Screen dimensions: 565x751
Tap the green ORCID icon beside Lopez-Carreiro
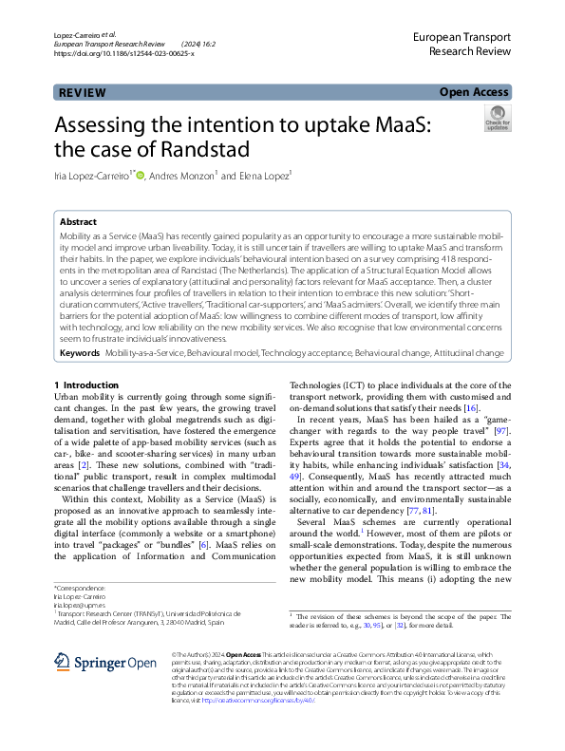pyautogui.click(x=141, y=175)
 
